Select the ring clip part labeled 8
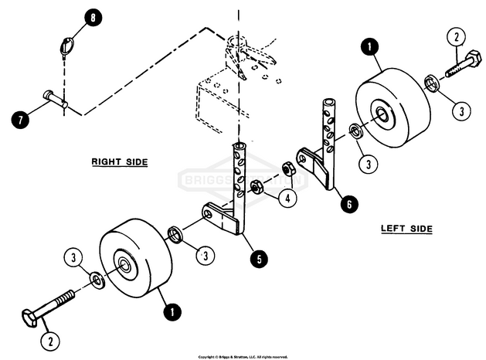pos(67,47)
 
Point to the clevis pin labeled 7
pos(56,99)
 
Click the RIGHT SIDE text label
pos(119,162)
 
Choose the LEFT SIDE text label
pos(406,229)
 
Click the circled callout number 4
pos(287,199)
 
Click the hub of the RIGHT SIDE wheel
pos(124,265)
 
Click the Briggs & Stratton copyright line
pos(243,356)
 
